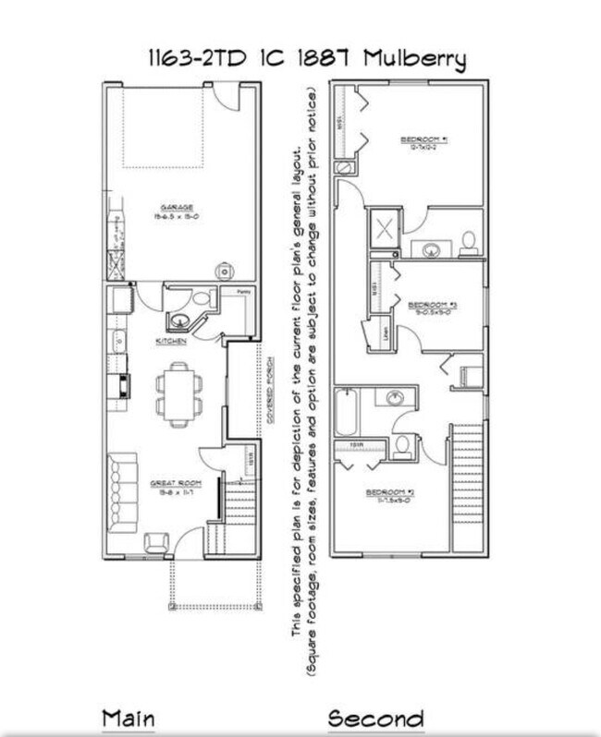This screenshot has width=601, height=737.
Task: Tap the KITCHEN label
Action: (172, 342)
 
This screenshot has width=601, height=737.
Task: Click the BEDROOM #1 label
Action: (424, 140)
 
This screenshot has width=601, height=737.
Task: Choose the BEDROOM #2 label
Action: (388, 492)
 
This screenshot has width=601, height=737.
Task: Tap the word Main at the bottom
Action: (128, 718)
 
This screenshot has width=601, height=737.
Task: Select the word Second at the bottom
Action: (376, 719)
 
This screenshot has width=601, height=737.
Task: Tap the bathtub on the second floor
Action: (346, 412)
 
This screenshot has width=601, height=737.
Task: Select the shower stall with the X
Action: (383, 227)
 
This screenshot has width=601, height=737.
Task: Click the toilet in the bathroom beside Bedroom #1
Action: (469, 242)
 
